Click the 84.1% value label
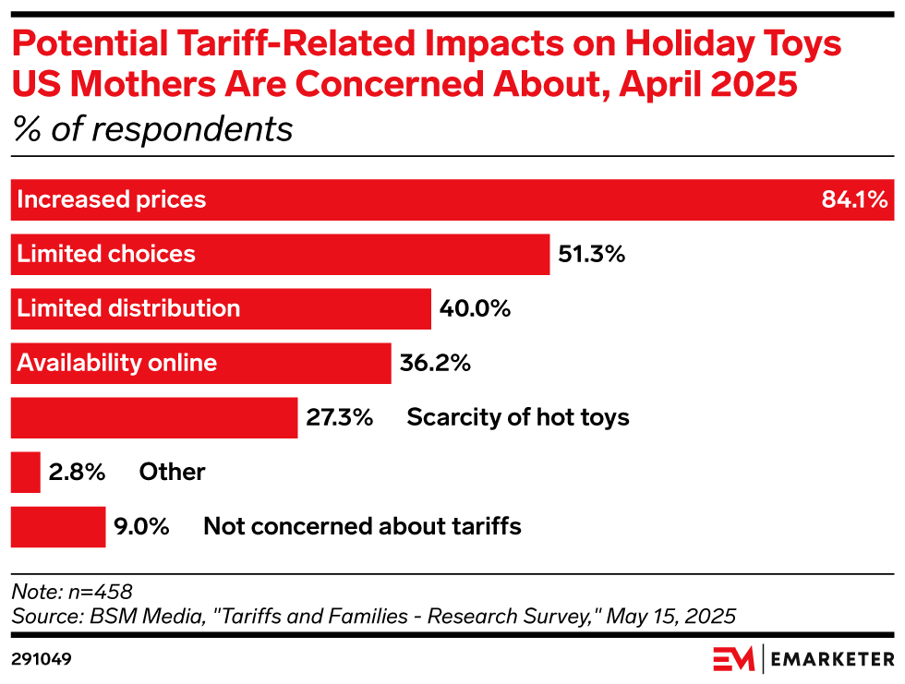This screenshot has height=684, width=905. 854,199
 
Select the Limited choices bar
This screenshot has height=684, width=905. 281,254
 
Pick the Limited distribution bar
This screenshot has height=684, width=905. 221,308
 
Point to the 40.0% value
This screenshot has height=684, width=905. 475,308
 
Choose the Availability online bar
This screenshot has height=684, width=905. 200,363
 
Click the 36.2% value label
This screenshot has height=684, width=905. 435,363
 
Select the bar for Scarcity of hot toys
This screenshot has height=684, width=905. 154,417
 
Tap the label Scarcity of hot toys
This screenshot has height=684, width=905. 518,417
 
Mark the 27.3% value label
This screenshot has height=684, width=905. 339,417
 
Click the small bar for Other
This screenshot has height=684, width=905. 26,473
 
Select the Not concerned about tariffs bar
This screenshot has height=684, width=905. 58,527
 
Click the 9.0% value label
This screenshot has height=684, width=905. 141,527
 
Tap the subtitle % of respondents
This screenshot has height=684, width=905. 152,129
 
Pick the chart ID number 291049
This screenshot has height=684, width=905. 42,659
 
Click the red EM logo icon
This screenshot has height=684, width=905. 733,659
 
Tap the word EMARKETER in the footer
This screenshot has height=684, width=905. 831,659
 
